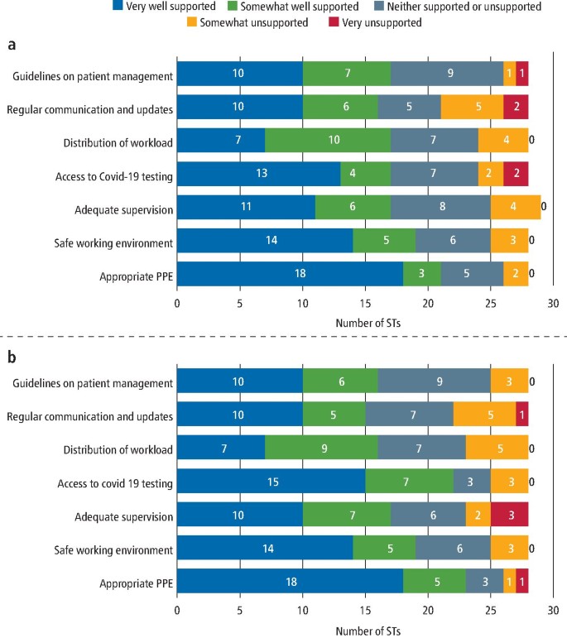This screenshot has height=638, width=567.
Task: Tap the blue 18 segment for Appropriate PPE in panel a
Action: (x=290, y=273)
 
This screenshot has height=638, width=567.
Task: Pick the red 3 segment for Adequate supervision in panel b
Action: (x=509, y=514)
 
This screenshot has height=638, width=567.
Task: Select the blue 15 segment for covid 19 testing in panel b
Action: (x=271, y=481)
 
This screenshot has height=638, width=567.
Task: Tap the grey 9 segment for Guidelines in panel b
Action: (x=434, y=382)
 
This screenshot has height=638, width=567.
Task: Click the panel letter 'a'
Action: (x=12, y=46)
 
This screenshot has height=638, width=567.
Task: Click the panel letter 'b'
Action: (x=12, y=359)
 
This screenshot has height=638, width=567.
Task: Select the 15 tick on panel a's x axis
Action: (x=365, y=303)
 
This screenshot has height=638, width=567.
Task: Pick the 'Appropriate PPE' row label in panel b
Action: (x=137, y=582)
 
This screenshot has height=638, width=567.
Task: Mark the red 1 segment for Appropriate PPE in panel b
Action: (x=521, y=582)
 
